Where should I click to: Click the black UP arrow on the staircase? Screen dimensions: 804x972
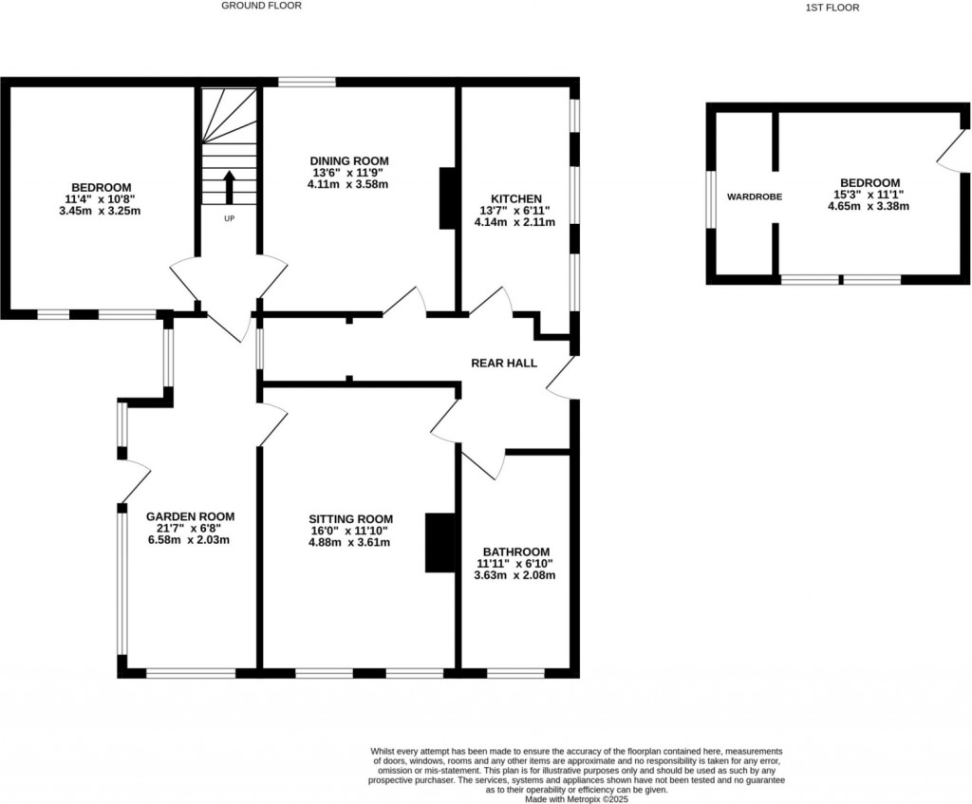[x=229, y=187]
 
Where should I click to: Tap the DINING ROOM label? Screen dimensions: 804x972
[x=349, y=160]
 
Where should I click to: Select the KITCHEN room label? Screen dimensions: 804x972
[x=516, y=198]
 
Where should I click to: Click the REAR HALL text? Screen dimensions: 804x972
[x=504, y=363]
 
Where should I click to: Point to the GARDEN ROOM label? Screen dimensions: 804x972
[x=190, y=516]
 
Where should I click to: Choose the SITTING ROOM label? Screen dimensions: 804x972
[x=350, y=519]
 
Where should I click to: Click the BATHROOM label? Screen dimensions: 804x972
[x=515, y=552]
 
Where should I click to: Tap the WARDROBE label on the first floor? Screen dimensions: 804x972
[x=754, y=197]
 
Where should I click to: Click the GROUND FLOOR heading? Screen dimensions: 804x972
[x=261, y=6]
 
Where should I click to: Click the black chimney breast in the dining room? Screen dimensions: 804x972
[x=447, y=198]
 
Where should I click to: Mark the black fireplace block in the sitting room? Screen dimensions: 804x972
[x=439, y=543]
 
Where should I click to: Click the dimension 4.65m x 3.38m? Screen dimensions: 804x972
[x=869, y=205]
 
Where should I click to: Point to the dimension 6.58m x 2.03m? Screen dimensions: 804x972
[x=190, y=539]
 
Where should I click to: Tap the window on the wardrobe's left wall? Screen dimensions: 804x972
[x=710, y=199]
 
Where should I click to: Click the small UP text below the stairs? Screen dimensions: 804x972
[x=229, y=218]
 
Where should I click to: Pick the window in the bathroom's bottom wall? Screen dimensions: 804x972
[x=515, y=673]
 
